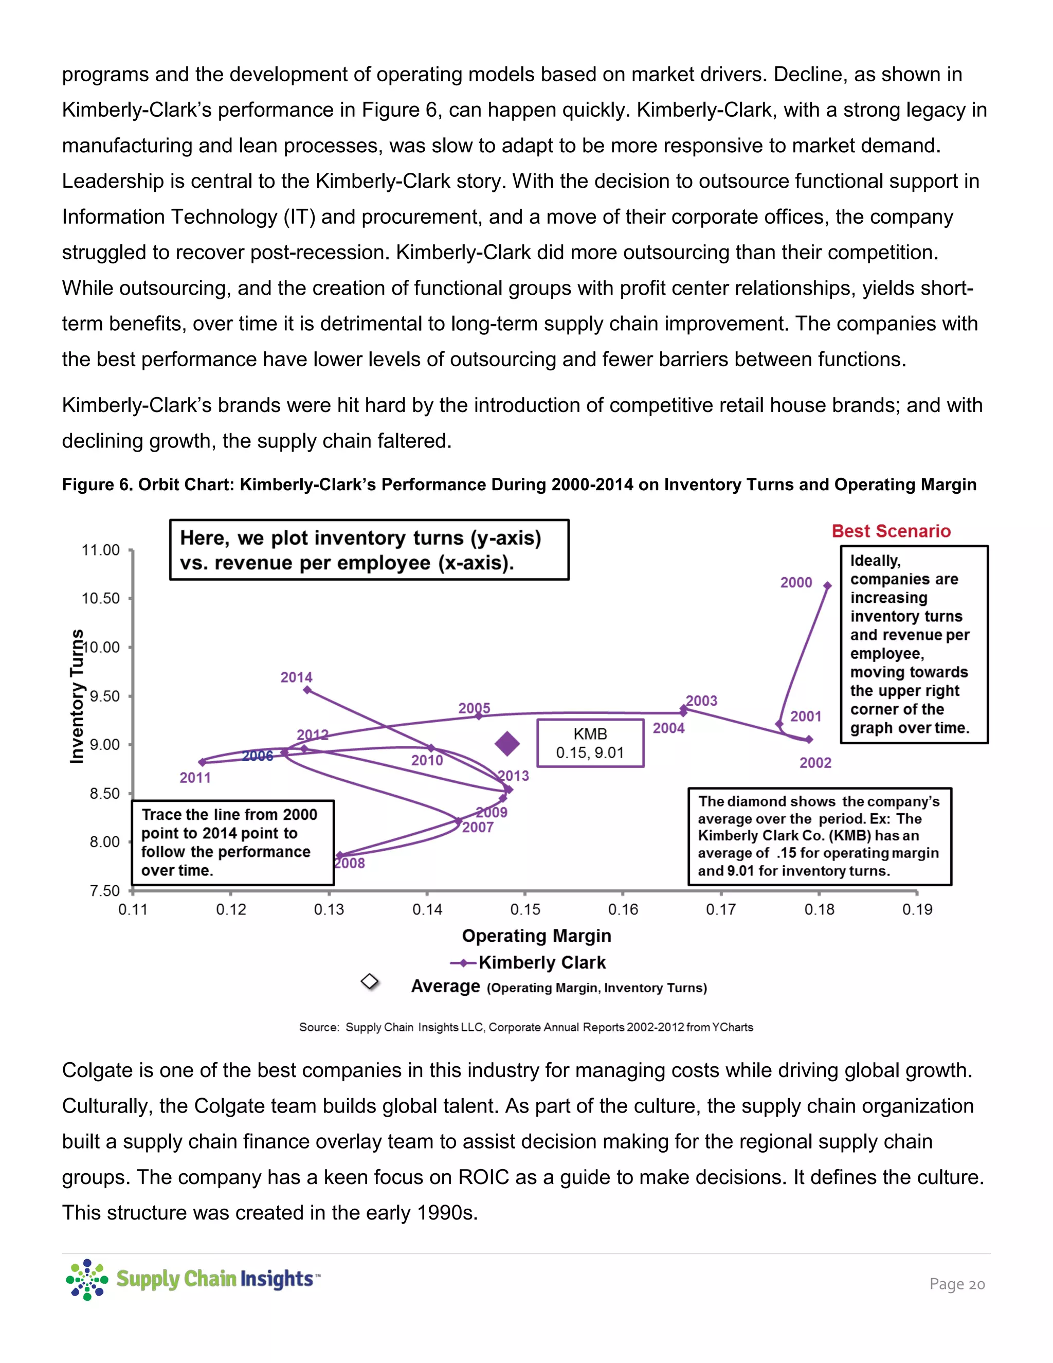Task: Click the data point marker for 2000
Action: (x=827, y=585)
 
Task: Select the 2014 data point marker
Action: (x=307, y=690)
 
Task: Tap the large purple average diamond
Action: (x=507, y=743)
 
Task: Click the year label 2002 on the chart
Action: (x=815, y=763)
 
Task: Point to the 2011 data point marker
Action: (x=202, y=761)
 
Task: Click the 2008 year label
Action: (x=349, y=863)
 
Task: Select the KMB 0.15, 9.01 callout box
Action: (x=590, y=743)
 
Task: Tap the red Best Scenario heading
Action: (x=891, y=531)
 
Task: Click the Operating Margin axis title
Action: (x=536, y=936)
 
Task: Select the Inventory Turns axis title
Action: (x=76, y=696)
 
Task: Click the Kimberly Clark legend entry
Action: (x=541, y=962)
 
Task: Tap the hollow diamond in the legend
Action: (x=370, y=982)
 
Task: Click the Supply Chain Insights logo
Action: (x=193, y=1279)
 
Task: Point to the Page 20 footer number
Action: (x=956, y=1284)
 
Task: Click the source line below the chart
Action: (x=526, y=1027)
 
